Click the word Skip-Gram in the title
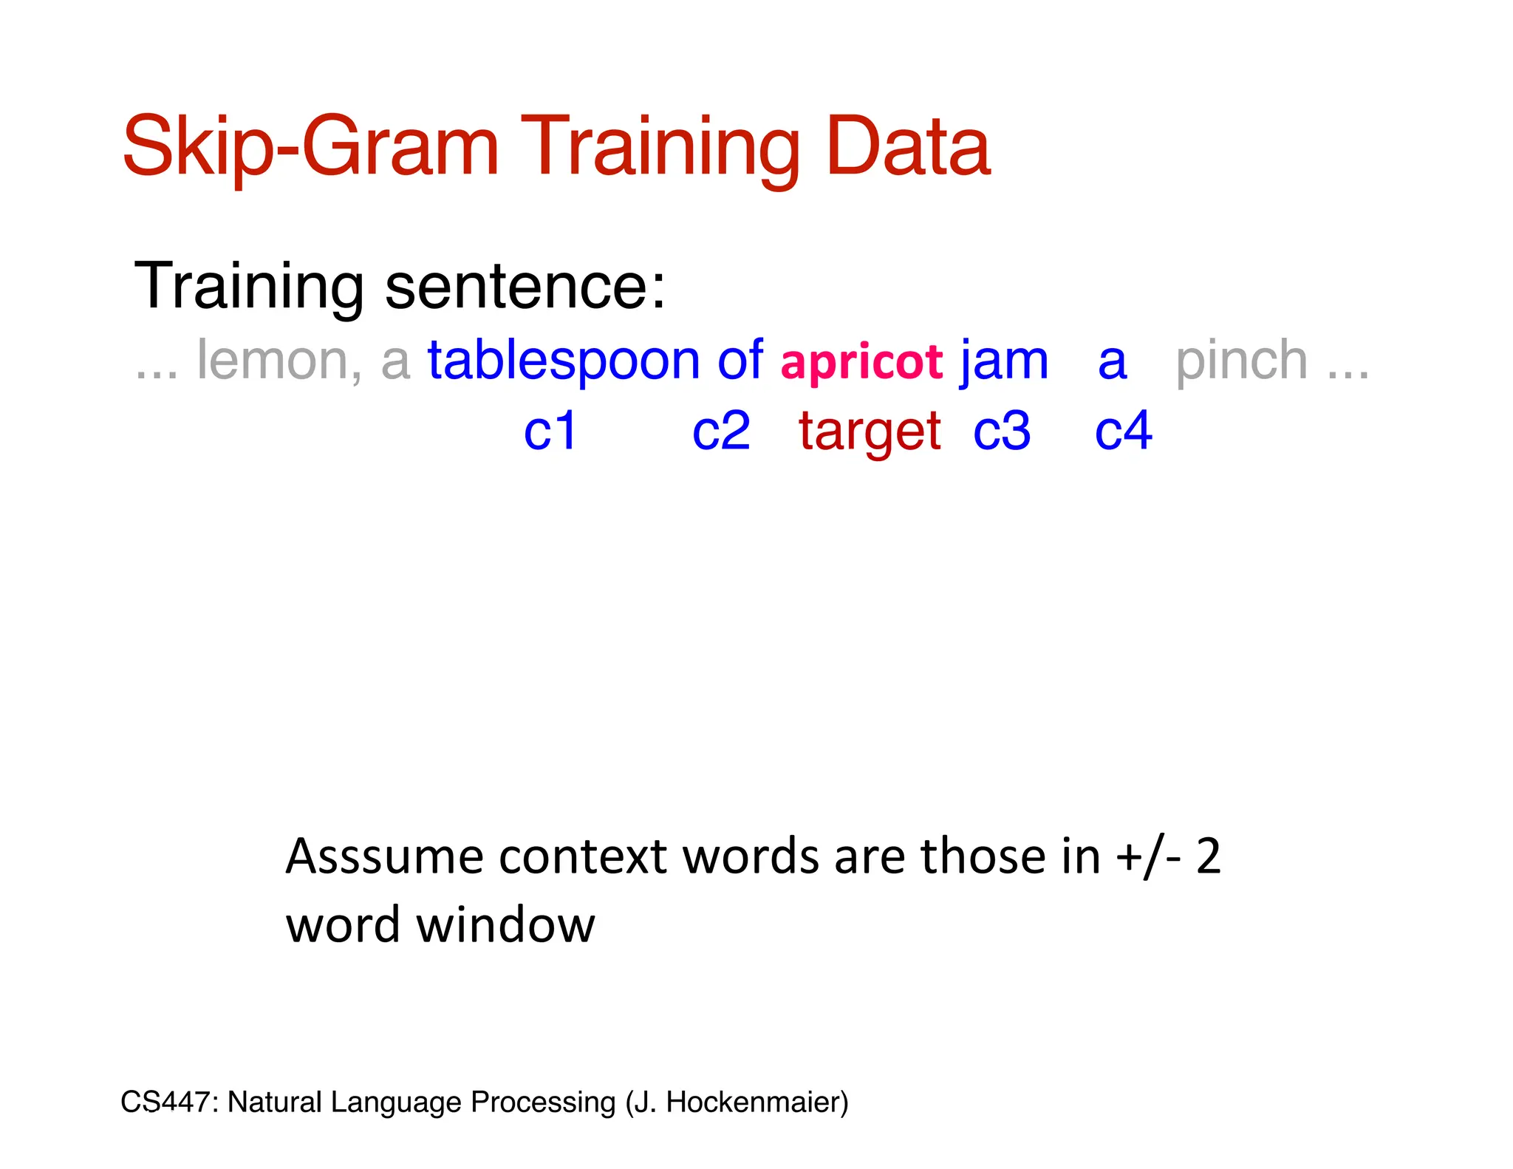point(311,148)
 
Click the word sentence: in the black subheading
point(525,286)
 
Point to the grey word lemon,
point(279,361)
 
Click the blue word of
point(740,360)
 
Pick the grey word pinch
point(1242,361)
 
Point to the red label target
point(870,432)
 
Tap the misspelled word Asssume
point(384,857)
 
